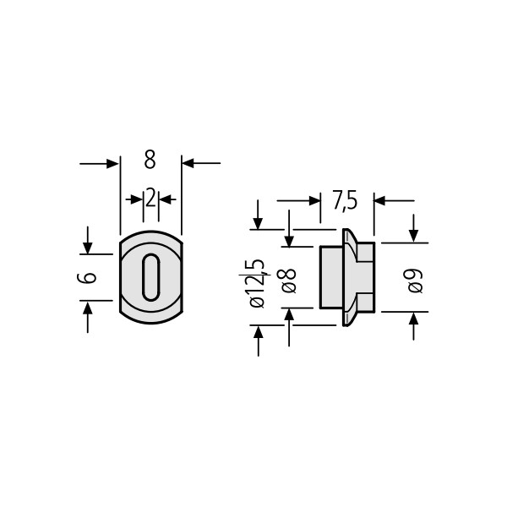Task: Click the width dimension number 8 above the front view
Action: [x=150, y=160]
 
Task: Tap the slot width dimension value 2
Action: [x=150, y=198]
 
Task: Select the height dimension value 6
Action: [x=87, y=277]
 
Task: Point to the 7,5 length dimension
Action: [x=345, y=201]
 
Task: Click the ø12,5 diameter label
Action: [x=258, y=284]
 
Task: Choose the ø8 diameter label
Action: [x=286, y=281]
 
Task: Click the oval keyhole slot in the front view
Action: [x=151, y=277]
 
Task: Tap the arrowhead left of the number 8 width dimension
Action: [x=112, y=164]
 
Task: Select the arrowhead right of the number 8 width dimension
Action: [x=188, y=163]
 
